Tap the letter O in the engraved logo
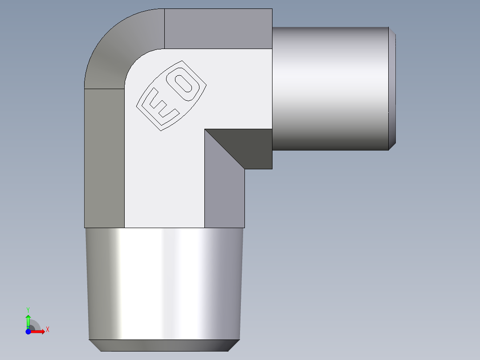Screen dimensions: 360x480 pos(183,85)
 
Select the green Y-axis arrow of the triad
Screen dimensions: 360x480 pos(28,320)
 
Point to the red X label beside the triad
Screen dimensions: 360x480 pos(47,330)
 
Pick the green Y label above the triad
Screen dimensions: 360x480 pos(28,309)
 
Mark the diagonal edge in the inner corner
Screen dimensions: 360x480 pos(225,149)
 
